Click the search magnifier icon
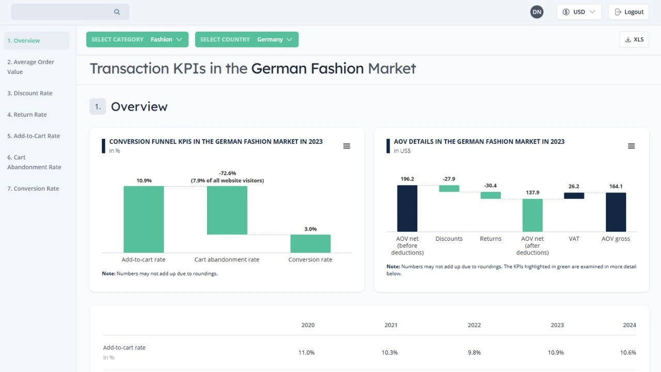(117, 12)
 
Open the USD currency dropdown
(579, 12)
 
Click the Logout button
(628, 12)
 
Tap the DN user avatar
(537, 12)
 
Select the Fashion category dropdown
(137, 39)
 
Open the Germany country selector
(246, 39)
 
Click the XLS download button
(634, 39)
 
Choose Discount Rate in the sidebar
(30, 93)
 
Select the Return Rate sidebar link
(27, 115)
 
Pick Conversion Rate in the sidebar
(33, 189)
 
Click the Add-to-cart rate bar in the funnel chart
(144, 219)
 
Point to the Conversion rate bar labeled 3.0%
(310, 243)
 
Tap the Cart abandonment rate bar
(227, 210)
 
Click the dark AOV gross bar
(616, 212)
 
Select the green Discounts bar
(449, 189)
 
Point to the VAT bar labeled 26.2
(574, 196)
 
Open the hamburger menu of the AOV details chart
(631, 146)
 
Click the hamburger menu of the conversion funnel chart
(347, 146)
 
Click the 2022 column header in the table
(474, 325)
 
